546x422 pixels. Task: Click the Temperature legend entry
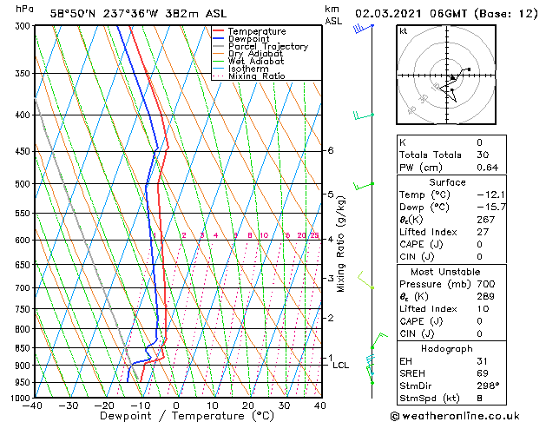pos(256,31)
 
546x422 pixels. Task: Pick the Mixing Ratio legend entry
pos(257,76)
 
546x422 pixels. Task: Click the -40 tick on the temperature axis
pos(33,406)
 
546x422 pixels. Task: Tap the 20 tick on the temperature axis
pos(248,406)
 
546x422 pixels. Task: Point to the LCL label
pos(341,366)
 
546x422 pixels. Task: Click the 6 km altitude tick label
pos(330,150)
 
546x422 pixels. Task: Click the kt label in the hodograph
pos(403,31)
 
